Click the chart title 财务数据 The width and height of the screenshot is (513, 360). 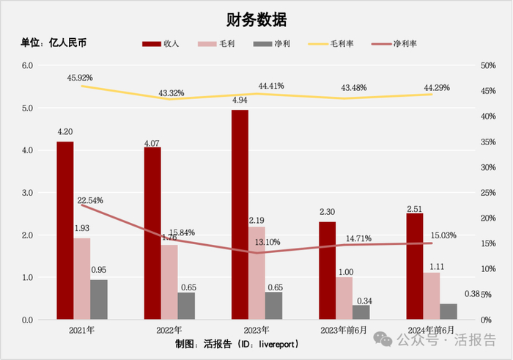click(x=256, y=19)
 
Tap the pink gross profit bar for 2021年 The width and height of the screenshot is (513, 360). click(x=82, y=279)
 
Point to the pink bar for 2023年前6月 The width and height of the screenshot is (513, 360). click(x=344, y=298)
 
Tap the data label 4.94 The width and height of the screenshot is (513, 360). click(x=240, y=100)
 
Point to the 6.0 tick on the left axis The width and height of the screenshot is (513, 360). click(x=28, y=65)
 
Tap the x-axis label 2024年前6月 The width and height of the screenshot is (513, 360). click(x=431, y=330)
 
